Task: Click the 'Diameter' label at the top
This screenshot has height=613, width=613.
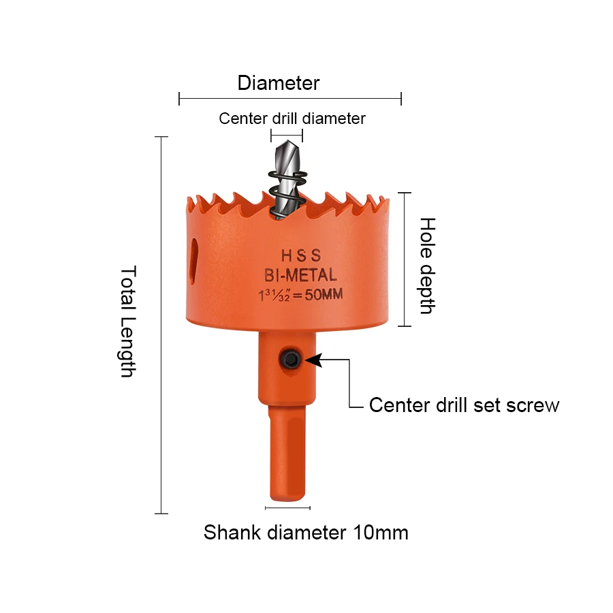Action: click(x=278, y=83)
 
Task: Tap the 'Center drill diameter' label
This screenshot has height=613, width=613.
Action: click(x=292, y=119)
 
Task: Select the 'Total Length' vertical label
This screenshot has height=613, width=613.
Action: click(x=128, y=321)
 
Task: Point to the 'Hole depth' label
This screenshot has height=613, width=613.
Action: click(x=427, y=265)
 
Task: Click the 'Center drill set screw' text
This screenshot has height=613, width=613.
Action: click(x=464, y=405)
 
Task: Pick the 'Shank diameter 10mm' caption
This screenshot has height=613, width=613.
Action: click(x=306, y=532)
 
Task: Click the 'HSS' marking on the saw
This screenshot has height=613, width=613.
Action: click(x=300, y=256)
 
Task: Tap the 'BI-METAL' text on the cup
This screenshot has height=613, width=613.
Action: click(x=300, y=275)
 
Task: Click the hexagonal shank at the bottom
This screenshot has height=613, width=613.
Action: click(x=287, y=453)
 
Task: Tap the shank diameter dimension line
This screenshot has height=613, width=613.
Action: click(x=287, y=507)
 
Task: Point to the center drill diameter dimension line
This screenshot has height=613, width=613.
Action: click(x=286, y=136)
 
